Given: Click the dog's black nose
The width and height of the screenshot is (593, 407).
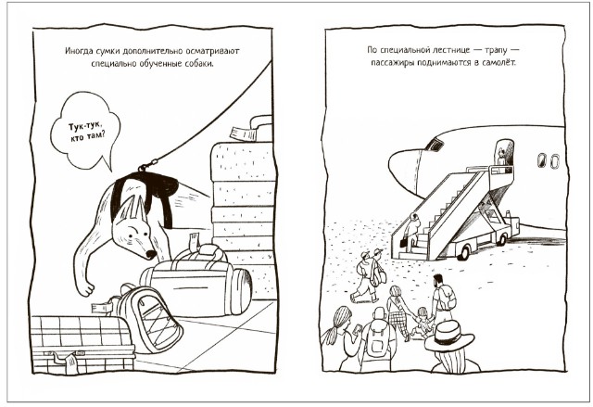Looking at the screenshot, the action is (152, 255).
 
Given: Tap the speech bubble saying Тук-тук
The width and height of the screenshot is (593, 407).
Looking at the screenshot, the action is (86, 131).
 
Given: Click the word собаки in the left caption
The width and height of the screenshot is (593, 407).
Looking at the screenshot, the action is (199, 64).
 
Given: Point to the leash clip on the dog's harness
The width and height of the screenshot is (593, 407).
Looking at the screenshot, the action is (146, 165).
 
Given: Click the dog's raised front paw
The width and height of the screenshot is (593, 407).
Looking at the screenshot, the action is (86, 289).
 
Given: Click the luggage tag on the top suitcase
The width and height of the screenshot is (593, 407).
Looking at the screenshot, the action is (241, 134).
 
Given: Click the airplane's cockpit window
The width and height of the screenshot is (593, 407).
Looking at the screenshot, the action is (435, 144).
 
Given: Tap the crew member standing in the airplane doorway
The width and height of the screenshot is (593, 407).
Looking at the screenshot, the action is (501, 158).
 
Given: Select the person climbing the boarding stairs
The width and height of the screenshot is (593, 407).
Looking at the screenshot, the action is (411, 232).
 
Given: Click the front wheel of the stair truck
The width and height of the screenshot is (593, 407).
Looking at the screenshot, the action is (464, 252).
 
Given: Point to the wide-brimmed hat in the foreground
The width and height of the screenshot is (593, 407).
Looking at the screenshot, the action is (448, 336).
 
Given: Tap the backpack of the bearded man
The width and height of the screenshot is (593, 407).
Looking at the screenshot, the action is (448, 298).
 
